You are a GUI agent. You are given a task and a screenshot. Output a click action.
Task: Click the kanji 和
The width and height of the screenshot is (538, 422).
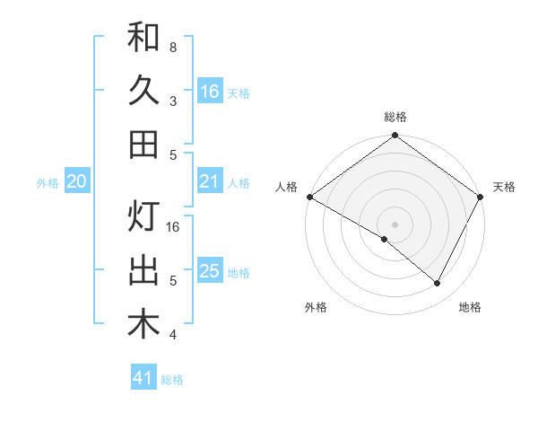coord(143,38)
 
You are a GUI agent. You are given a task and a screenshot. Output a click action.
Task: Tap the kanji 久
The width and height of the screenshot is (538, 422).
coord(143,91)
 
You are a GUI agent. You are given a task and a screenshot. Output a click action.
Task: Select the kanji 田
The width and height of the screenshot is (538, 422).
coord(143,144)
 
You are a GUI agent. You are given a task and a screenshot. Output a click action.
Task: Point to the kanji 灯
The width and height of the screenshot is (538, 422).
coord(143,217)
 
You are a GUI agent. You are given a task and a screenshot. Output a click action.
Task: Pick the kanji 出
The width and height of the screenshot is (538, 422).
coord(143,270)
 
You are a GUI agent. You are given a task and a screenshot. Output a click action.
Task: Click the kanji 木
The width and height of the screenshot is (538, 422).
coord(143,324)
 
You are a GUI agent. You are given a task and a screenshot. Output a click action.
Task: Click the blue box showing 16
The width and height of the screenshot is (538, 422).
coord(210,92)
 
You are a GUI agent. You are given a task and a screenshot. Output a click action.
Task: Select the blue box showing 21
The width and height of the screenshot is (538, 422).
coord(210,182)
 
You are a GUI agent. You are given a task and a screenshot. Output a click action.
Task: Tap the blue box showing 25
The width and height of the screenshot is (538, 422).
coord(210,271)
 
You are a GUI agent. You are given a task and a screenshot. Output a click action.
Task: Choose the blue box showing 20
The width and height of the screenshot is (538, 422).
coord(76,182)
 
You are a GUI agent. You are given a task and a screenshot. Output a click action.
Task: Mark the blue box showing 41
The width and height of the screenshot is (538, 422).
coord(143,378)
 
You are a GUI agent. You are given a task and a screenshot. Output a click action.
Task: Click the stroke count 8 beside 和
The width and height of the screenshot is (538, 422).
coord(172,48)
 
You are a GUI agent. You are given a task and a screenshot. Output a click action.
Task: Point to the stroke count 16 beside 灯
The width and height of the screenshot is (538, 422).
coord(174,227)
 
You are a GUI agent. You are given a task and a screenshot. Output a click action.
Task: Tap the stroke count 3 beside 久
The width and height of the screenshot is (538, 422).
coord(172,101)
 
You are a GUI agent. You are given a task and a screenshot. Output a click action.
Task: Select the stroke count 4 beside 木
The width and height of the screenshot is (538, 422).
coord(172,335)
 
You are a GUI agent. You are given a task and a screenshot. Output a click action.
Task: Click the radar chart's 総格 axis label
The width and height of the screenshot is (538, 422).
coord(395,117)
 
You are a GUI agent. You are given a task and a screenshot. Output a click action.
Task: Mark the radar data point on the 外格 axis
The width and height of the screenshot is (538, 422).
coord(385,239)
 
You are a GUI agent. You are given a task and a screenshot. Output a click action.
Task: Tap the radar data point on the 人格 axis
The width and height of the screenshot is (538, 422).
coord(309,197)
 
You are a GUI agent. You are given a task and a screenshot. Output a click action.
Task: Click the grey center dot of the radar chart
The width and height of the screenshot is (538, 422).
coord(395,224)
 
